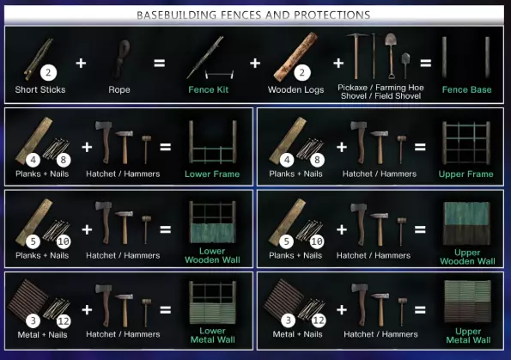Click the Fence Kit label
pos(208,89)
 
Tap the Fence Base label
pos(466,89)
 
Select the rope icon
pos(123,58)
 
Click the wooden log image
pos(295,57)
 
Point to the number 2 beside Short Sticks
pos(49,72)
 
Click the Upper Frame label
pos(465,174)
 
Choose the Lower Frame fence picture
pos(212,142)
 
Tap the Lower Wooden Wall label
pos(212,256)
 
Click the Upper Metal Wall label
pos(468,336)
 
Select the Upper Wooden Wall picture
pos(466,223)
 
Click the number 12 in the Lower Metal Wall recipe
pos(64,321)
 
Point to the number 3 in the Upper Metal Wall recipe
pos(289,320)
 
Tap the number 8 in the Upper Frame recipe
pos(317,160)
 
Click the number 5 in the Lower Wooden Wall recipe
pos(33,241)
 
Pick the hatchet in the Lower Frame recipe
pos(104,142)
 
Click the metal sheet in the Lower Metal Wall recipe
pos(27,299)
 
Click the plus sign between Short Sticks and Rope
pos(81,63)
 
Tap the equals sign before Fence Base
pos(426,63)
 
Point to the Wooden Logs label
pos(296,89)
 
